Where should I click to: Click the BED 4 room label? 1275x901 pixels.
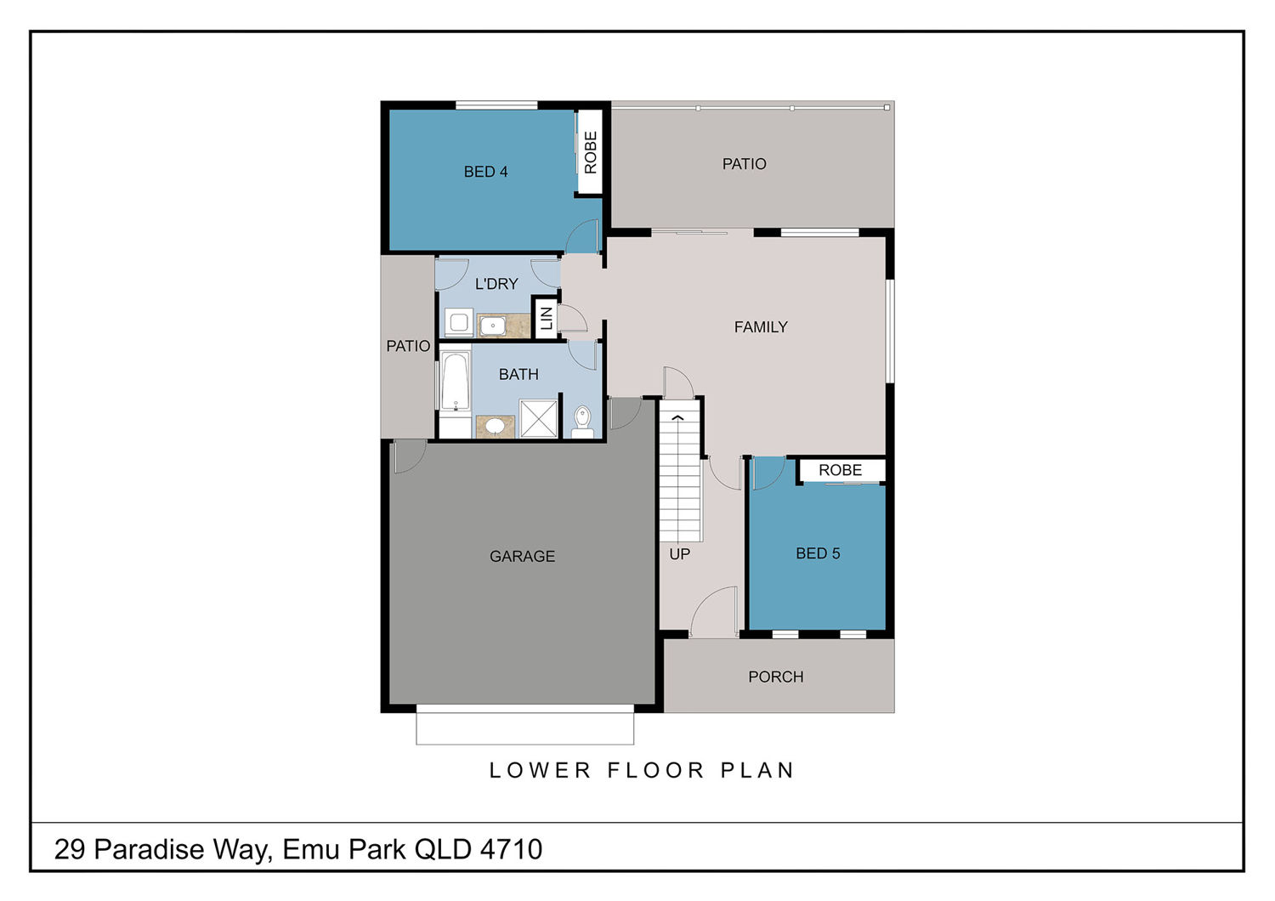(x=485, y=172)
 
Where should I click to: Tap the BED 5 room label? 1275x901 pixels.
(x=818, y=553)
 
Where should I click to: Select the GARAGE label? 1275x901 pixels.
(x=522, y=556)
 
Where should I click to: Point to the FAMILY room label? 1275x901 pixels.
(x=761, y=326)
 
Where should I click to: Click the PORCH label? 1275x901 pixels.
(x=776, y=677)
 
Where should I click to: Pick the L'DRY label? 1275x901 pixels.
(x=496, y=283)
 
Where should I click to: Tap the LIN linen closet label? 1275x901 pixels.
(x=547, y=319)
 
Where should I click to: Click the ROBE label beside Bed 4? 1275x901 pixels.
(x=590, y=152)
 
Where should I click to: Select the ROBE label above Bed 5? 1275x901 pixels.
(x=840, y=470)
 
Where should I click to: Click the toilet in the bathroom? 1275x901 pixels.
(x=582, y=422)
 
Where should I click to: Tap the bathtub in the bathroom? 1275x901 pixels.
(x=456, y=381)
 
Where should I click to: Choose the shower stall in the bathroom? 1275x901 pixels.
(x=538, y=419)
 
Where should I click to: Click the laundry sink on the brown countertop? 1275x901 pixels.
(x=492, y=326)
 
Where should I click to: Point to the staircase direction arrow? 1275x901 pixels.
(x=677, y=417)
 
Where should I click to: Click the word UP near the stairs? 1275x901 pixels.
(x=680, y=554)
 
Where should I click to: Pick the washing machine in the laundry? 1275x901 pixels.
(x=459, y=323)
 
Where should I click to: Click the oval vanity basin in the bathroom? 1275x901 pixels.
(x=494, y=426)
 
